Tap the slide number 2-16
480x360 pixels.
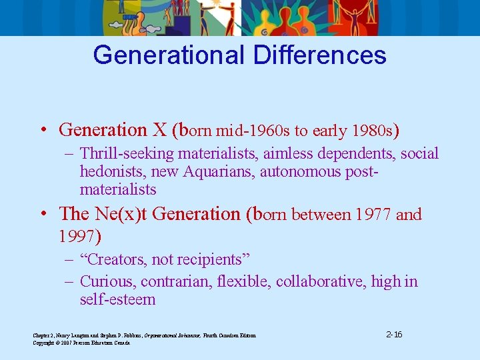(394, 333)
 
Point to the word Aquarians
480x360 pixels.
(215, 172)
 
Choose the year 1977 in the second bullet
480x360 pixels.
(369, 214)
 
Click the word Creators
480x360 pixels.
(124, 259)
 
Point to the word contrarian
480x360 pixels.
(177, 282)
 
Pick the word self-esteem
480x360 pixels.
(117, 300)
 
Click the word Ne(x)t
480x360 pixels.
(131, 214)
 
